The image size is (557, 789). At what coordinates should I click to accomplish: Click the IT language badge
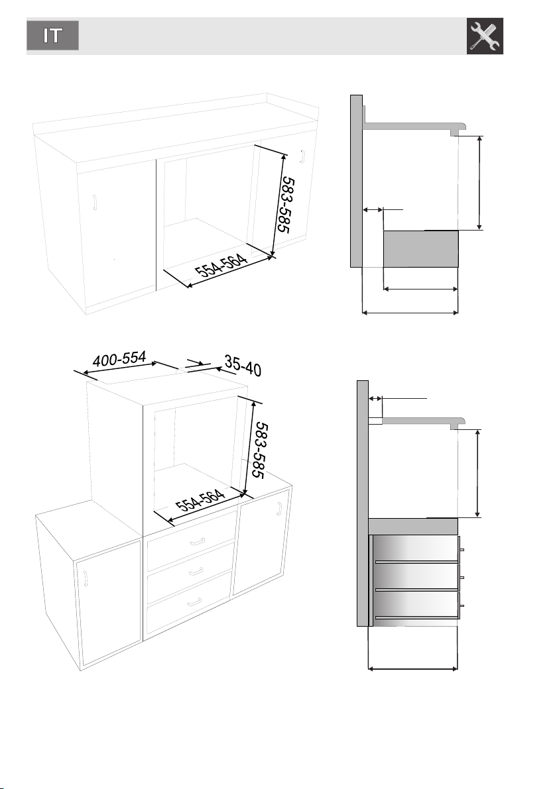point(53,35)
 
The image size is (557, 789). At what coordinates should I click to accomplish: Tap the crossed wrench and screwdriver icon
point(485,36)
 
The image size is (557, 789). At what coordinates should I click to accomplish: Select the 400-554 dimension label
point(119,359)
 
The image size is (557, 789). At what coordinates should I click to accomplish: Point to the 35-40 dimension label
point(243,366)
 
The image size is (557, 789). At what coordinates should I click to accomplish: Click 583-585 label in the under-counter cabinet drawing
point(286,204)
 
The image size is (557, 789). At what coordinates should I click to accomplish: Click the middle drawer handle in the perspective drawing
point(196,572)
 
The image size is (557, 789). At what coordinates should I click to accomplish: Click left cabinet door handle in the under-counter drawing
point(94,202)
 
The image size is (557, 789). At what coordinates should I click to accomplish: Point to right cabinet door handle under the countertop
point(302,156)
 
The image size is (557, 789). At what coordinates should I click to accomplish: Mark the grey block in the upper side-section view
point(421,249)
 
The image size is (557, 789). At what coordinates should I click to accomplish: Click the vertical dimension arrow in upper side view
point(479,183)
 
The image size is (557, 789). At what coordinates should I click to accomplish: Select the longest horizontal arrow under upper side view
point(410,313)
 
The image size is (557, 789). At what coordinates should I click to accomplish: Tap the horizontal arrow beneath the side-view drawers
point(413,668)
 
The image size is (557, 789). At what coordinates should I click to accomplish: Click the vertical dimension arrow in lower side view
point(477,474)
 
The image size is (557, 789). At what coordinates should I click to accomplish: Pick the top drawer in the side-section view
point(416,549)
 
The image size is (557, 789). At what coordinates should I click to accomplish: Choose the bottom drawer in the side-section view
point(416,605)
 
